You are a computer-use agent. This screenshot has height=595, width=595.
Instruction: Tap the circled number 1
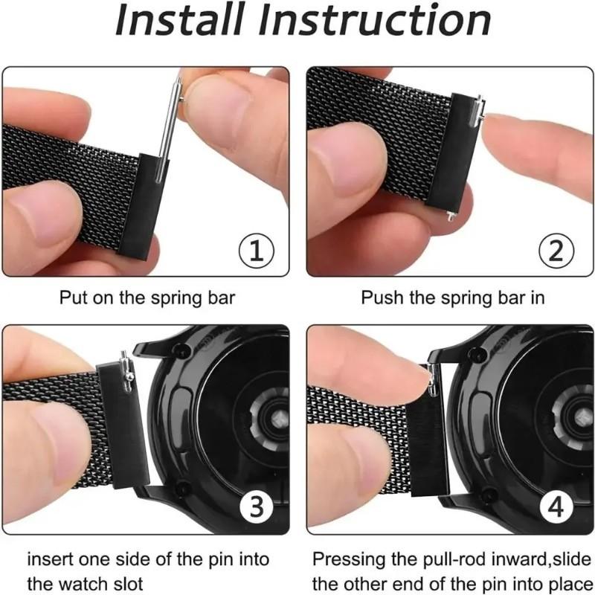[256, 251]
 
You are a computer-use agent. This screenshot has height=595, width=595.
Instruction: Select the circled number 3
[256, 508]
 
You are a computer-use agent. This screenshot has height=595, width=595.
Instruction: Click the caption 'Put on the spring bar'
[147, 297]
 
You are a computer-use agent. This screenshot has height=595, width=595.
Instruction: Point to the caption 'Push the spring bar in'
[452, 297]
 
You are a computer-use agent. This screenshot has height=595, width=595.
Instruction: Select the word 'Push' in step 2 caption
[378, 297]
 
